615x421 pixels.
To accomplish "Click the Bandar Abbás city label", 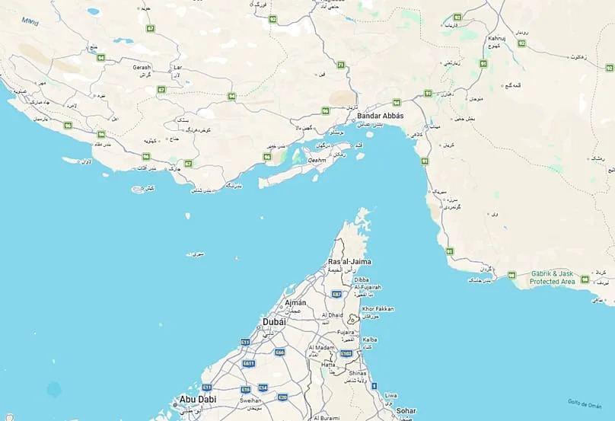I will [x=381, y=116].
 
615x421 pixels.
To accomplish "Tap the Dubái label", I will [x=275, y=322].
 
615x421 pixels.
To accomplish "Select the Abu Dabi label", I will [x=197, y=399].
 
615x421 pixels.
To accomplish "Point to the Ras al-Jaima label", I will [x=350, y=261].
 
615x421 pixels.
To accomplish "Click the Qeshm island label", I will [x=317, y=161].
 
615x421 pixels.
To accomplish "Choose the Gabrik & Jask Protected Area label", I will [x=552, y=277].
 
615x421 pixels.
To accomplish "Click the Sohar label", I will [x=406, y=411].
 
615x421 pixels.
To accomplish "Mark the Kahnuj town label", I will [x=497, y=38].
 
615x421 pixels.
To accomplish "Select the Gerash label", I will [x=142, y=67].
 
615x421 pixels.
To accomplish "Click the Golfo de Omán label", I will [x=585, y=403].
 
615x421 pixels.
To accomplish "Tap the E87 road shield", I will [x=337, y=294].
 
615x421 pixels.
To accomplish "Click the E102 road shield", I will [x=347, y=354].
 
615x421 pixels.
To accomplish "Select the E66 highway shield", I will [x=280, y=352].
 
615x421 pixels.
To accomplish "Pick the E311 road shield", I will [x=248, y=364].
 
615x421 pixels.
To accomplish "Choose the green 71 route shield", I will [x=341, y=65].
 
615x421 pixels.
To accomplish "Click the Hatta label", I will [x=328, y=365].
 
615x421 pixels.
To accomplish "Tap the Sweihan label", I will [x=251, y=400].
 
